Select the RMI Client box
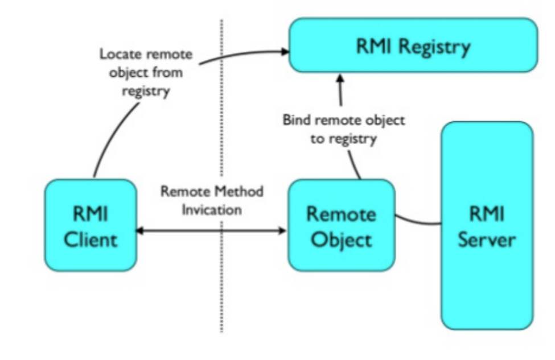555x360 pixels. (x=91, y=225)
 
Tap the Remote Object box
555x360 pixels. (x=341, y=225)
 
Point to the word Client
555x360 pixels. (x=91, y=239)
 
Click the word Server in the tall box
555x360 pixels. (x=487, y=239)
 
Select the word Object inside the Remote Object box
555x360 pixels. (x=341, y=239)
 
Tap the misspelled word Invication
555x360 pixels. (x=212, y=209)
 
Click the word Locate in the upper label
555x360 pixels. (x=118, y=55)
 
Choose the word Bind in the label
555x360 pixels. (x=295, y=121)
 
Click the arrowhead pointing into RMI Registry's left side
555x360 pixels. (x=283, y=52)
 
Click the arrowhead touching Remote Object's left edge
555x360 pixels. (x=283, y=231)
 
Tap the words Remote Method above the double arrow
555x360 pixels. (x=212, y=192)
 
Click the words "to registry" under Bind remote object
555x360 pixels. (x=343, y=139)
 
